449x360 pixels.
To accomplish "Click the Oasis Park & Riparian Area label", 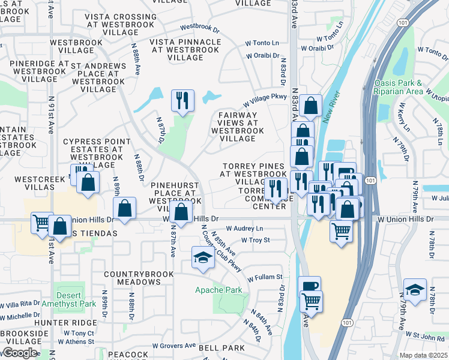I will point(398,88).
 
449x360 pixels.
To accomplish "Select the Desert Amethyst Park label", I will point(76,299).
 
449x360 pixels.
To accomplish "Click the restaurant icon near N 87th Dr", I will point(182,100).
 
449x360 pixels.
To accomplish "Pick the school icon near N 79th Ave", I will point(415,290).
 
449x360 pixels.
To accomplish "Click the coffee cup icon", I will point(309,287).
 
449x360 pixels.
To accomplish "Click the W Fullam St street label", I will point(262,277).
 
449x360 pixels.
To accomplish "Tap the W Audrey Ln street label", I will point(244,229).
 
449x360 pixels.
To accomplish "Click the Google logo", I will point(20,353).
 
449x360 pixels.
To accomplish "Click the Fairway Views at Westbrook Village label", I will point(238,127).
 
